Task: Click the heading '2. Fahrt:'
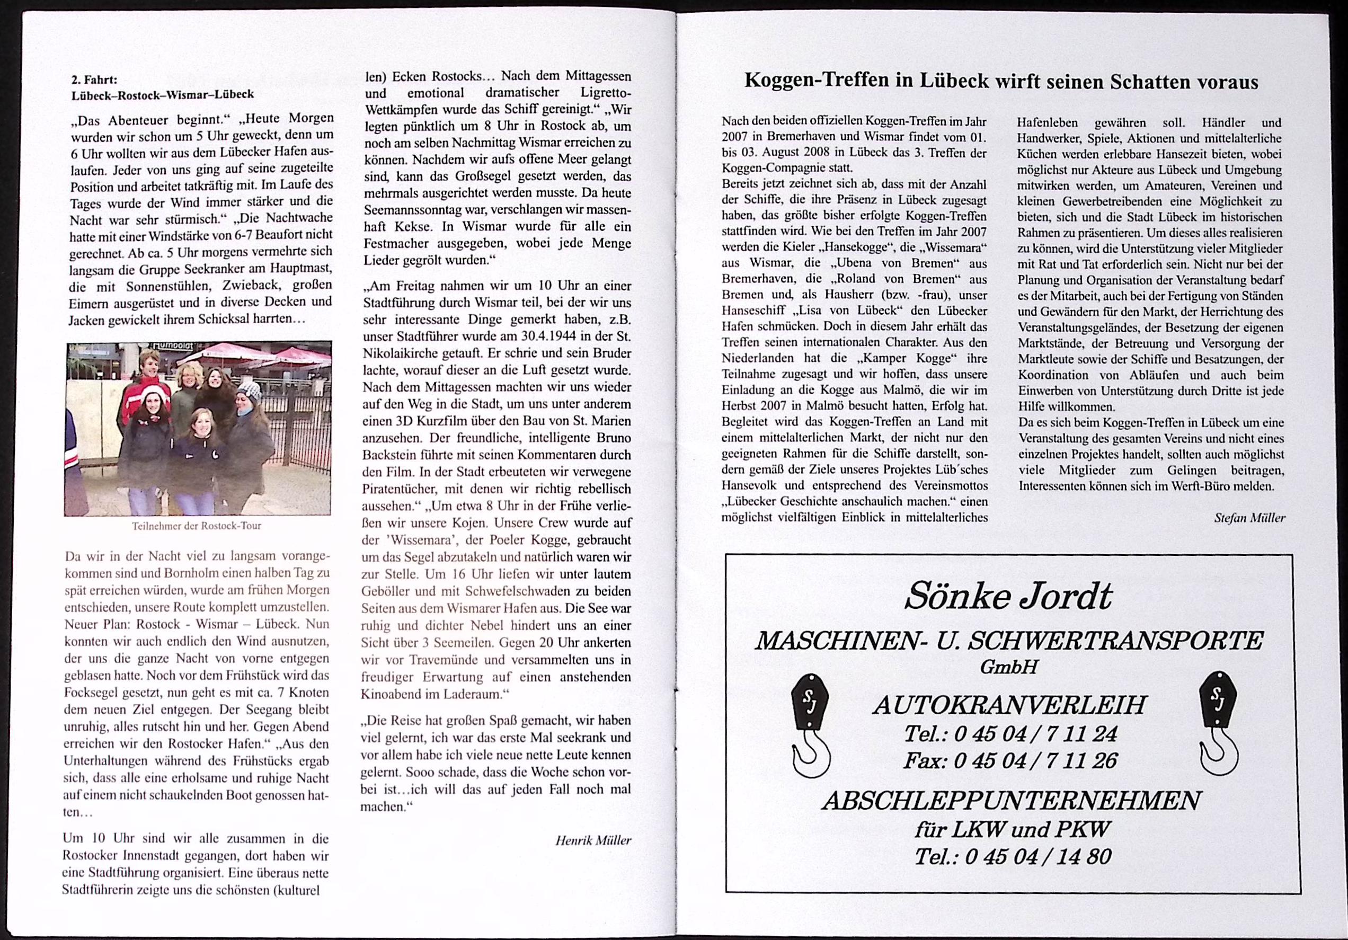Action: (94, 80)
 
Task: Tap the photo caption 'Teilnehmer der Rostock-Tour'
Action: (197, 526)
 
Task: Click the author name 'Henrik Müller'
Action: (593, 840)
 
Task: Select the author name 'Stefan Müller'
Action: (1249, 518)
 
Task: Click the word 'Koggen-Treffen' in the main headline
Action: (819, 81)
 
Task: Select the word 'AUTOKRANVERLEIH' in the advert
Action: (1009, 705)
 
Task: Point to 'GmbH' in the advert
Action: (1009, 667)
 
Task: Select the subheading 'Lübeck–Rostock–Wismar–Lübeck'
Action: (163, 94)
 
